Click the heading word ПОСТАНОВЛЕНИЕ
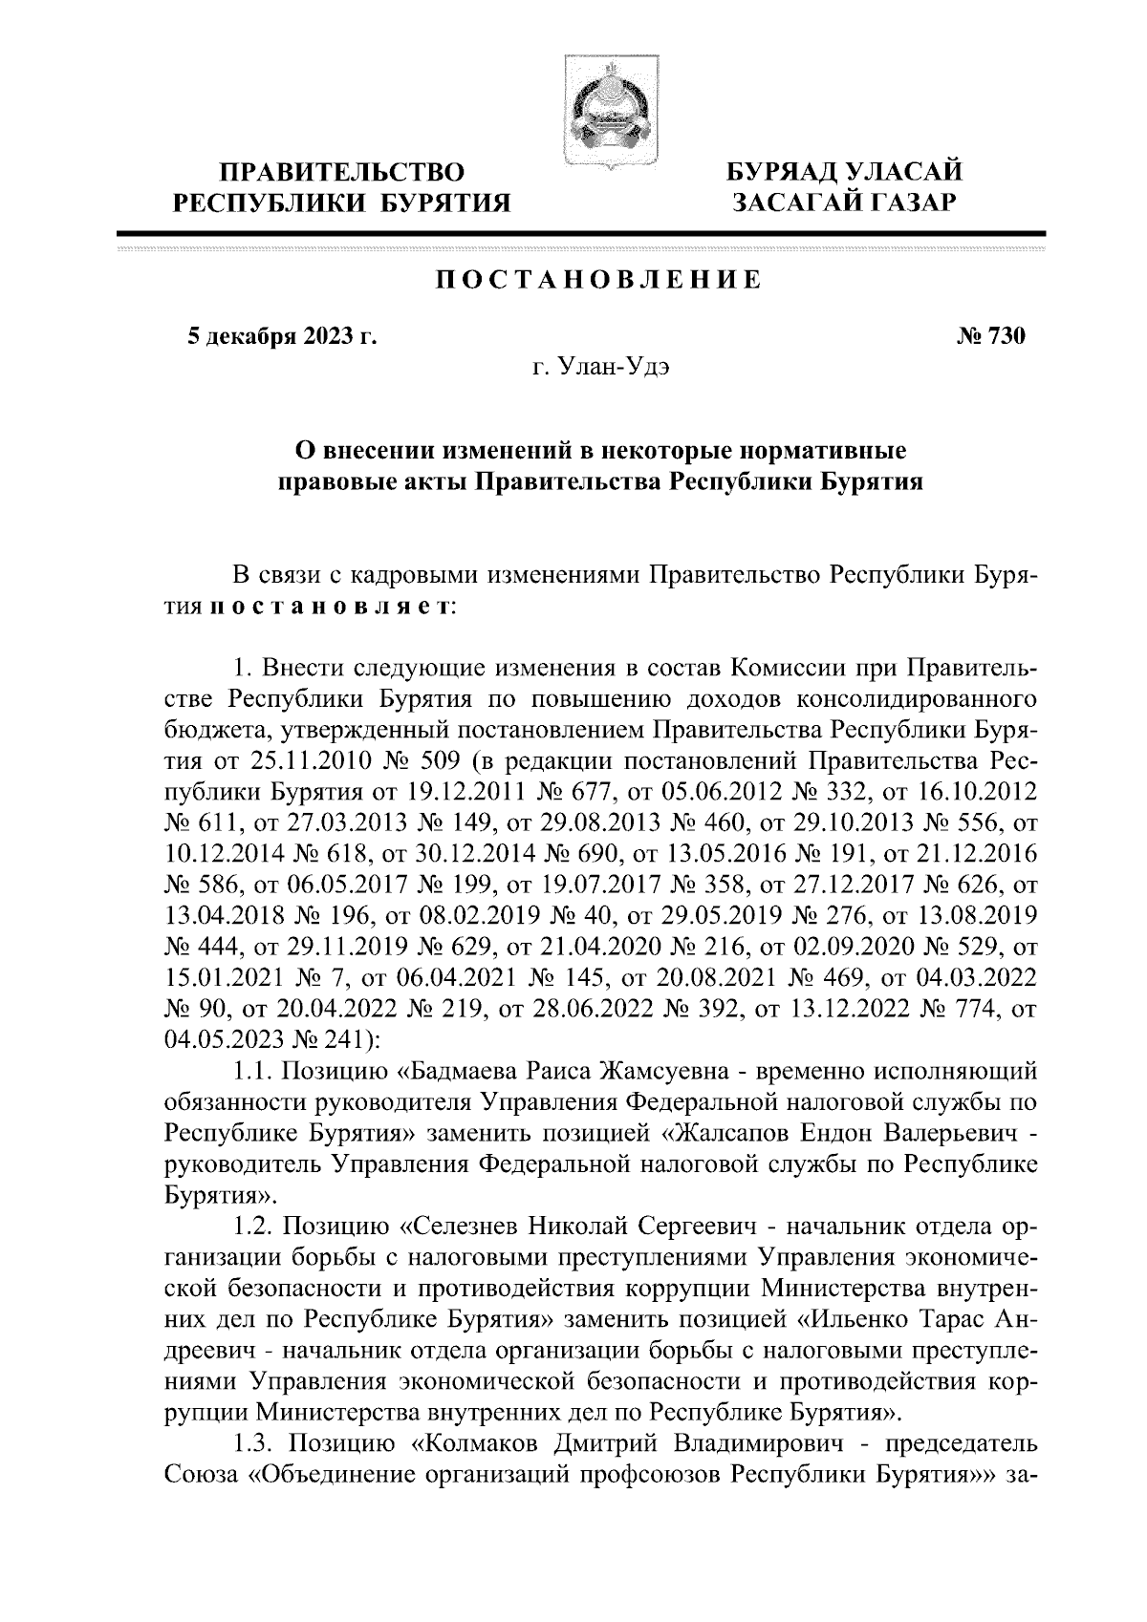pos(598,280)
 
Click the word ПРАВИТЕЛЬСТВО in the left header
pos(342,173)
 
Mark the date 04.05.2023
pos(215,1038)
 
